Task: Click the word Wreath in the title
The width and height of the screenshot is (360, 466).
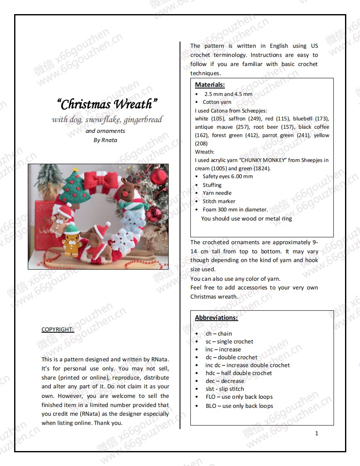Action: [x=136, y=104]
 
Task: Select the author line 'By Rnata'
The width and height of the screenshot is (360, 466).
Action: [x=105, y=140]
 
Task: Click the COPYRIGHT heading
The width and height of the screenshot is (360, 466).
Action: [x=58, y=329]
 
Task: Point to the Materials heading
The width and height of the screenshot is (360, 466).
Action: [x=210, y=85]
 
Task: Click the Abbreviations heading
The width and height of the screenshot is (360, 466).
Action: [x=216, y=318]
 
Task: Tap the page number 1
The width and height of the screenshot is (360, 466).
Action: [x=317, y=433]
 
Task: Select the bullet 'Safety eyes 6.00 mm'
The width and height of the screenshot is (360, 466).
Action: [x=227, y=177]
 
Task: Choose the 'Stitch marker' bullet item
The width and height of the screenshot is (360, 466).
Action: [x=219, y=201]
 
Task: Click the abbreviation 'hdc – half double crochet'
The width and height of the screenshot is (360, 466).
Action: [x=239, y=373]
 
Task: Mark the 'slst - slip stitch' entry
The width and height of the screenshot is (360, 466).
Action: [x=224, y=389]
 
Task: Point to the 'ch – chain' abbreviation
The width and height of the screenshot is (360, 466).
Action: [x=219, y=334]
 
